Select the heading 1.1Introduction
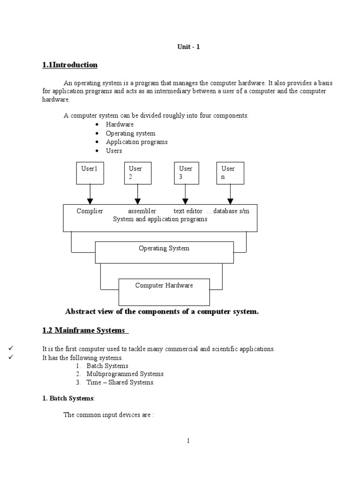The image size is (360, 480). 70,65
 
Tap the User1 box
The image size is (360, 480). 90,172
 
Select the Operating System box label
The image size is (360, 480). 164,248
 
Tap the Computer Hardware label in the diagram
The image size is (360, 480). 164,285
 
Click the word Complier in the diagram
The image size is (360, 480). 90,211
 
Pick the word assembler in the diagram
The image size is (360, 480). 142,211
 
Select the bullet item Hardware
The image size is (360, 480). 120,124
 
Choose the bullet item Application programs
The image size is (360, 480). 136,142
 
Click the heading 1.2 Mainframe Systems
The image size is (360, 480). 85,330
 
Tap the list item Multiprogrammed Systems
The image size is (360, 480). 125,374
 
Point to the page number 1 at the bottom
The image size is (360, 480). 188,441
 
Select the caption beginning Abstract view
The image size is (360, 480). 162,311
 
